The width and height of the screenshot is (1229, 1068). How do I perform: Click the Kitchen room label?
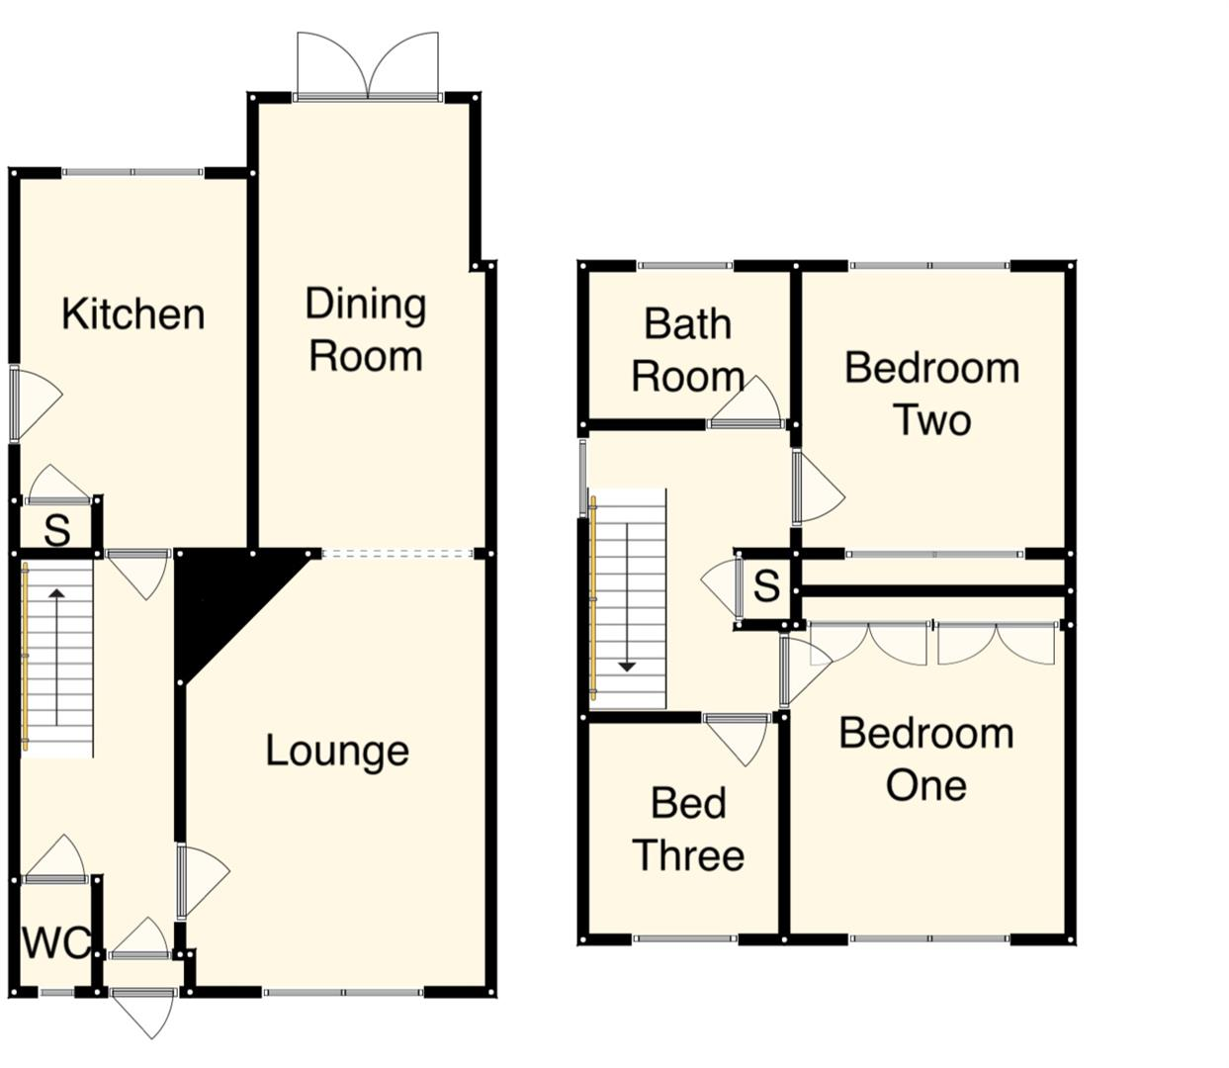click(x=132, y=314)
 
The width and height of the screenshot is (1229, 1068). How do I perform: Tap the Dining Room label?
click(x=365, y=329)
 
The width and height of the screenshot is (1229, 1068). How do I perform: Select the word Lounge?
click(x=337, y=751)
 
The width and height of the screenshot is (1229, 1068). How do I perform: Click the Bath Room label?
click(x=687, y=350)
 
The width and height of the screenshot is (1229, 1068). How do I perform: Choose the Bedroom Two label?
click(x=931, y=394)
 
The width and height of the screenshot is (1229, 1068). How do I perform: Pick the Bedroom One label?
click(x=926, y=758)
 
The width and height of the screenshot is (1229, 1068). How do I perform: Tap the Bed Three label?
click(x=688, y=829)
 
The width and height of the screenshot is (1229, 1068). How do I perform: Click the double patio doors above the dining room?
click(x=368, y=67)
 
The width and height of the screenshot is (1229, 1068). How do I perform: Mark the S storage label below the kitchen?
click(x=57, y=531)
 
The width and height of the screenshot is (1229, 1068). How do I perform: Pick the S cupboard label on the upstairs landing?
click(x=766, y=586)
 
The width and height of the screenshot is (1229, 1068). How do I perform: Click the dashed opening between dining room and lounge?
click(x=397, y=554)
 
